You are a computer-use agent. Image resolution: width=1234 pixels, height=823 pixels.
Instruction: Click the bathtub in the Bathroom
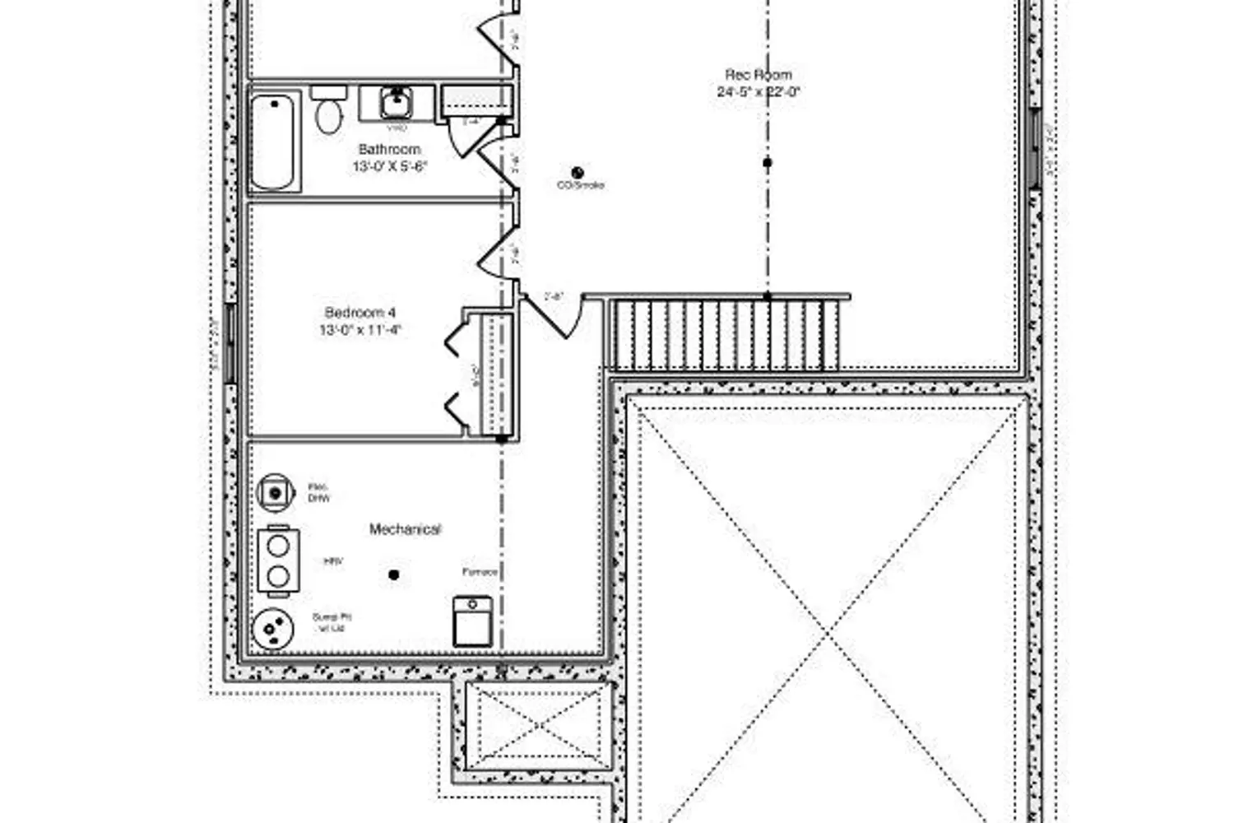(x=274, y=141)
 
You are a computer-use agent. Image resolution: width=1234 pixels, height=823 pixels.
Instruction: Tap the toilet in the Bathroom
(x=328, y=111)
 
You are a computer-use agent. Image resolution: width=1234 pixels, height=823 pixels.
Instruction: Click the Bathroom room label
(x=389, y=149)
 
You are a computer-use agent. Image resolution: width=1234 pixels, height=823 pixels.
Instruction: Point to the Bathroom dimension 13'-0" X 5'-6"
(x=389, y=166)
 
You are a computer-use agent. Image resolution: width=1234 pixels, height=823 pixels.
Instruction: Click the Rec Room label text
(x=758, y=75)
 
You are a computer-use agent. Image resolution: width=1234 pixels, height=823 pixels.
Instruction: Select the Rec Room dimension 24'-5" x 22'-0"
(x=758, y=92)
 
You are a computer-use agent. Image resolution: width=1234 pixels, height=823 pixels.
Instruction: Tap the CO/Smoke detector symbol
(x=578, y=173)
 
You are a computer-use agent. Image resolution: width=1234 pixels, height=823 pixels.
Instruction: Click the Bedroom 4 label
(x=360, y=313)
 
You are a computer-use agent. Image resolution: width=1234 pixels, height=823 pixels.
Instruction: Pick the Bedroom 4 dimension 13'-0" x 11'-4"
(x=360, y=330)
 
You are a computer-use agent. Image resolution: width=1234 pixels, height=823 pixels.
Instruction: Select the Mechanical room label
(x=405, y=529)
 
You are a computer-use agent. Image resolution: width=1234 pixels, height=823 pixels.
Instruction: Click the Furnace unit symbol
(x=473, y=621)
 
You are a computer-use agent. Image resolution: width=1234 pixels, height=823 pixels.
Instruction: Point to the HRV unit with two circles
(x=278, y=561)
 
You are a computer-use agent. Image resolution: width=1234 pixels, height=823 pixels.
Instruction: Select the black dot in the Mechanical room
(x=394, y=574)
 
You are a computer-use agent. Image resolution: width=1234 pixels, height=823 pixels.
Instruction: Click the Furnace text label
(x=480, y=571)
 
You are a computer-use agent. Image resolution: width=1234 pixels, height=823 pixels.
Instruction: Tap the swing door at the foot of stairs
(x=553, y=316)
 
